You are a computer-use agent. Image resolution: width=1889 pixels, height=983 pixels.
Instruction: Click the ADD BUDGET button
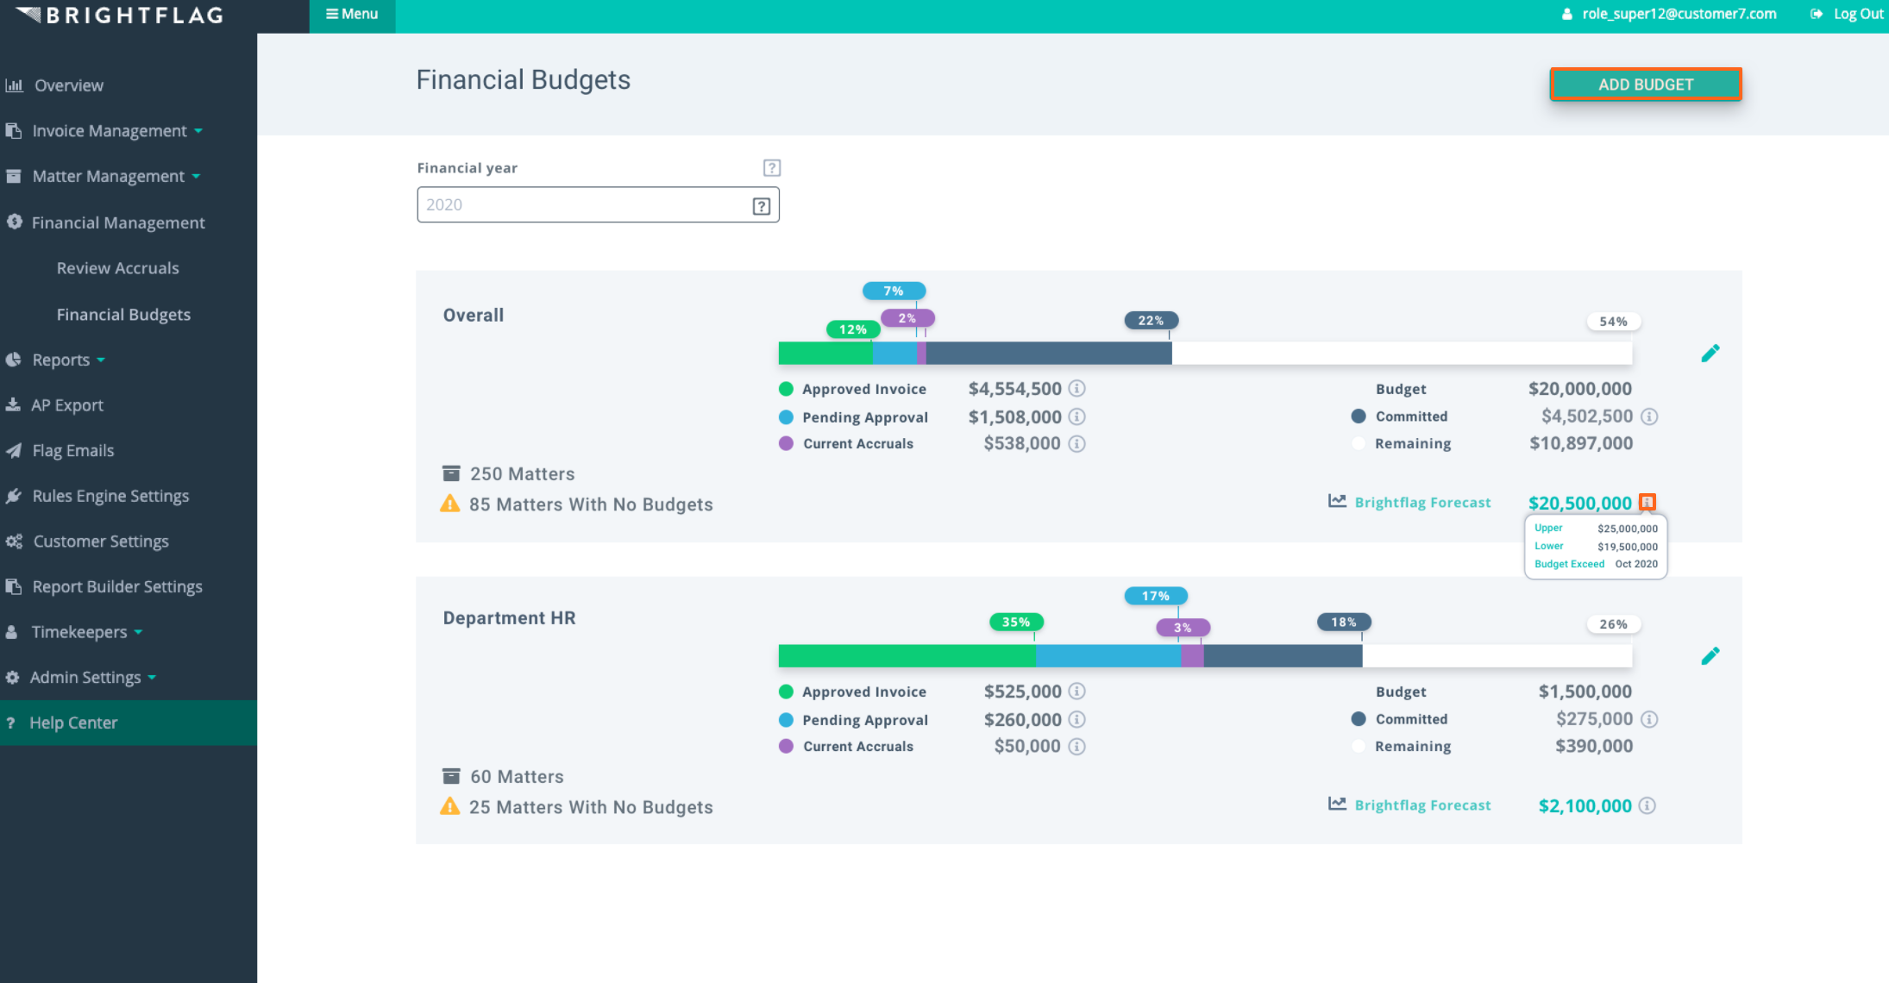1645,85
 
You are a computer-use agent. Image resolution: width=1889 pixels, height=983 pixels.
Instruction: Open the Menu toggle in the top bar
352,15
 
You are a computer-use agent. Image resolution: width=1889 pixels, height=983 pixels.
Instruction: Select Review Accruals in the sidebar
117,268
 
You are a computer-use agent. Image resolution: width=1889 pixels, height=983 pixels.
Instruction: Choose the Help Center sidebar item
73,723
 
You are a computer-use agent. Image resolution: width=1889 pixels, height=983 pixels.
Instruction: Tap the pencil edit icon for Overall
1710,354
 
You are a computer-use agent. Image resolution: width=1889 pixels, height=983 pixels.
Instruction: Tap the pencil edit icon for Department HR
1710,656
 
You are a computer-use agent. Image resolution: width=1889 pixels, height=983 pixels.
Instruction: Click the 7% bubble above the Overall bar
894,291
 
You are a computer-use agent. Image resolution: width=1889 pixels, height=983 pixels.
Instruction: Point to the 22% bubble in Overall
1151,321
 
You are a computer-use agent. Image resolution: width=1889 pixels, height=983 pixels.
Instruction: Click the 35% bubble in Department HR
1016,623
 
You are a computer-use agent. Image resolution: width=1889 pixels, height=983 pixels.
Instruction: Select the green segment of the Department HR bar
906,656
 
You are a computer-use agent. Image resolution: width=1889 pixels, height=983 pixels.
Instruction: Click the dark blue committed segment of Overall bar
1048,354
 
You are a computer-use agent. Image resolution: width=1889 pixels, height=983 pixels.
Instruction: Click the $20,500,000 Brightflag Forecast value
1579,503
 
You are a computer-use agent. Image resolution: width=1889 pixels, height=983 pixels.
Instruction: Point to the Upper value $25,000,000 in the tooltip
1627,529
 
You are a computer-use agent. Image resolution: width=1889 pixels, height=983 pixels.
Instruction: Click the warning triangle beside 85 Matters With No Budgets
449,504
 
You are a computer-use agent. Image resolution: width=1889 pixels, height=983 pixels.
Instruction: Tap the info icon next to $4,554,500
1076,389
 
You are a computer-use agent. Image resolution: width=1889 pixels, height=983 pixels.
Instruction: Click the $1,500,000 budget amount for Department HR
1585,692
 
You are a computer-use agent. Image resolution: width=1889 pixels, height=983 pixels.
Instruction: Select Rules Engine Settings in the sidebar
110,496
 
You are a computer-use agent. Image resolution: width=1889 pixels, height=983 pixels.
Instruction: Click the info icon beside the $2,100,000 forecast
1647,805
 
